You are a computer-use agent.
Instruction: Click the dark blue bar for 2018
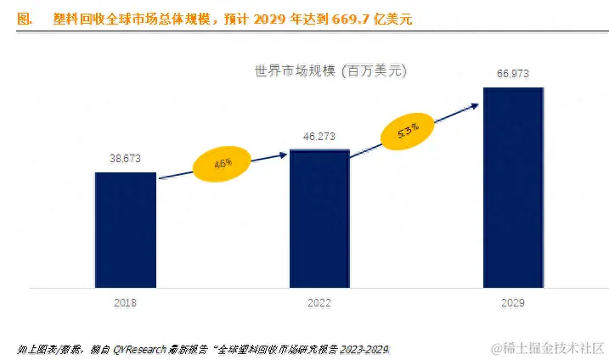125,229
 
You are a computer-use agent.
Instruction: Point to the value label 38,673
126,158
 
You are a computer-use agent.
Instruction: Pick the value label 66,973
513,74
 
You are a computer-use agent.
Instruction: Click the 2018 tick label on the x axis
125,302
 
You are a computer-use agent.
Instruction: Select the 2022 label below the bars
319,302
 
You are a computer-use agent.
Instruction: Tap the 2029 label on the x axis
513,302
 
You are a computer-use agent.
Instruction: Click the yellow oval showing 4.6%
223,164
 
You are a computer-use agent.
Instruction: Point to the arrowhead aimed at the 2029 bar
473,104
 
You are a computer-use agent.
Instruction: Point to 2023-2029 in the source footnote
375,349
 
